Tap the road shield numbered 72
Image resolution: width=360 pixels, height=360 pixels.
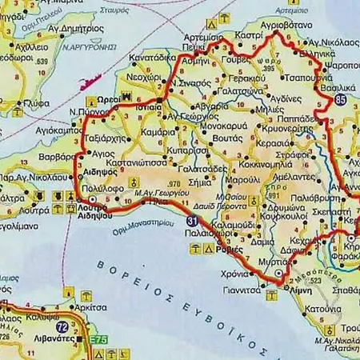(62, 328)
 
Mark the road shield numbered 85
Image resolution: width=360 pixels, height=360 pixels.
(342, 99)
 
